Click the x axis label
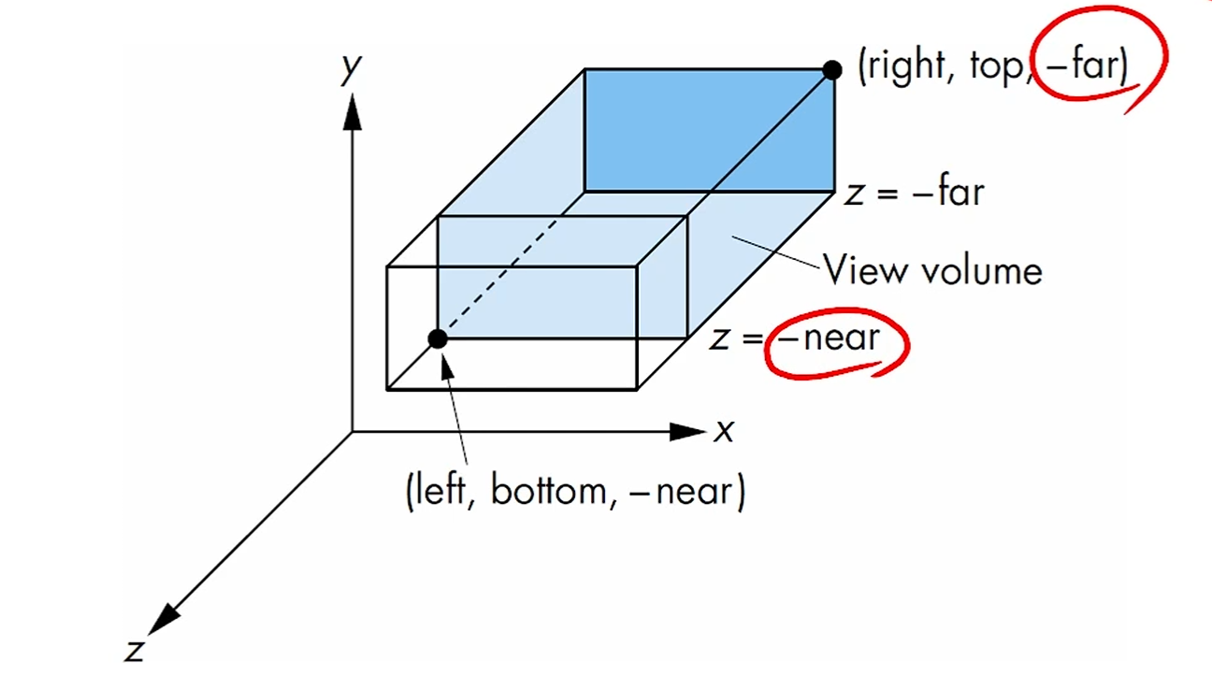tap(724, 432)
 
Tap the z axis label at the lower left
tap(136, 650)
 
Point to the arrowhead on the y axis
tap(352, 110)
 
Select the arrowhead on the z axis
tap(164, 619)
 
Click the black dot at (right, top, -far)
tap(831, 69)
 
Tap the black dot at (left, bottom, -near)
tap(437, 338)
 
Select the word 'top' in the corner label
tap(993, 68)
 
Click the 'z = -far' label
tap(914, 193)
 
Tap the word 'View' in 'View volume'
tap(865, 270)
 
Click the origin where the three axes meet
tap(352, 432)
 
